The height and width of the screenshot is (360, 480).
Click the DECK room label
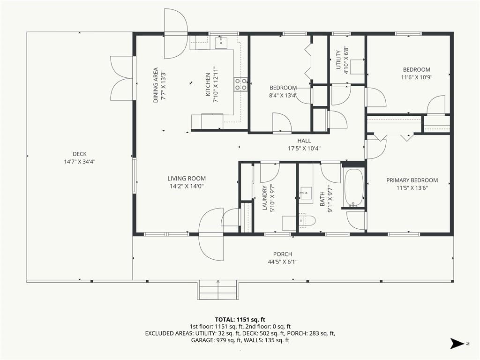tap(80, 154)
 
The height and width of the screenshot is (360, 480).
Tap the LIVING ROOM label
tap(187, 179)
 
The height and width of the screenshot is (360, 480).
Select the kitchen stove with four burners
tap(241, 84)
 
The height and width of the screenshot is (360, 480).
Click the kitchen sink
tap(221, 43)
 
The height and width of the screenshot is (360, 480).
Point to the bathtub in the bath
tap(354, 188)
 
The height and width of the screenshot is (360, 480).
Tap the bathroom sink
tap(306, 193)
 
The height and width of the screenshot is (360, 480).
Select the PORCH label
tap(283, 254)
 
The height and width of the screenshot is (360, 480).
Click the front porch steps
tap(217, 290)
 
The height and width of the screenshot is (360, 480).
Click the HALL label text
tap(304, 141)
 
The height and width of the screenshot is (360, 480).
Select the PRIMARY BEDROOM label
tap(412, 180)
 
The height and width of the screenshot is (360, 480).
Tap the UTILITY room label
tap(338, 60)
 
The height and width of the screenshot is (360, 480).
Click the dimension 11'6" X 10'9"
tap(417, 77)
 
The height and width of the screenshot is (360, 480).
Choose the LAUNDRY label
tap(265, 198)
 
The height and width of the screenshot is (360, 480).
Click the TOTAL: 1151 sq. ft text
tap(240, 320)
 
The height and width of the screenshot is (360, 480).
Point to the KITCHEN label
tap(208, 84)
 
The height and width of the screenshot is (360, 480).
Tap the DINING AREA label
tap(156, 85)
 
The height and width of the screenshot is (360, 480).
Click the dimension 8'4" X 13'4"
tap(283, 95)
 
